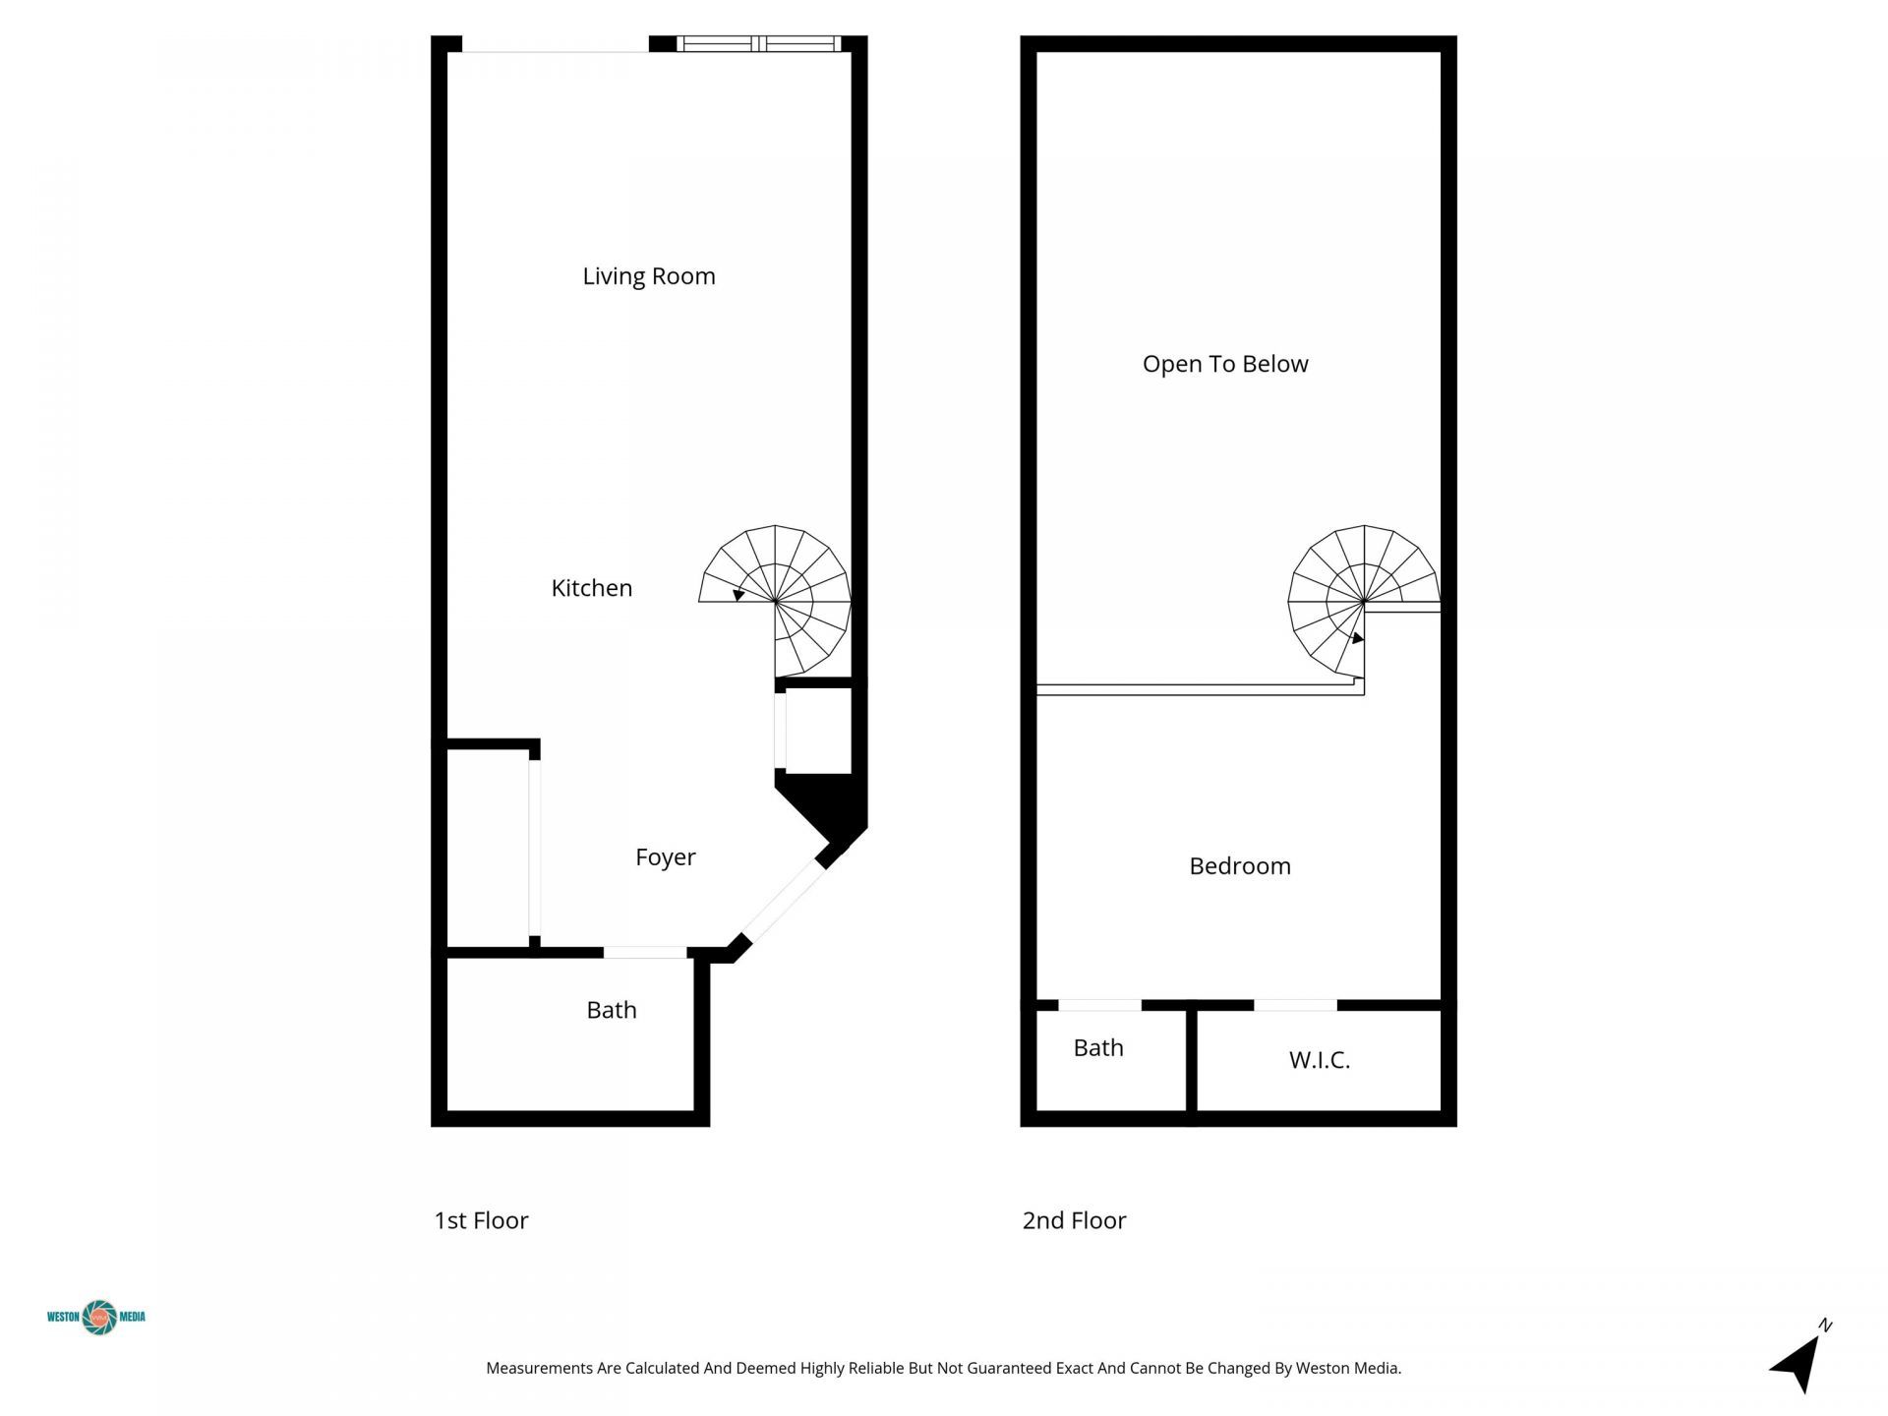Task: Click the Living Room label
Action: [x=649, y=276]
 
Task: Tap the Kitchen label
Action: [x=591, y=588]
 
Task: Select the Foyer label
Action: [x=665, y=857]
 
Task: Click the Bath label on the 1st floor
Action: [x=611, y=1010]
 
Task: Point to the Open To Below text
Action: [x=1225, y=364]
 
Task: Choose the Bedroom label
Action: [x=1239, y=866]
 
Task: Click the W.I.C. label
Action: [x=1319, y=1060]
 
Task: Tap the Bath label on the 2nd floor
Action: [x=1097, y=1048]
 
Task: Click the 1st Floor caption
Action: [x=481, y=1220]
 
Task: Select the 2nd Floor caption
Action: [x=1074, y=1220]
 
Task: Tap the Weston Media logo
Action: [x=97, y=1317]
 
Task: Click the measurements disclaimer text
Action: [x=943, y=1368]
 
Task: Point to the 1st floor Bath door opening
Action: [x=644, y=952]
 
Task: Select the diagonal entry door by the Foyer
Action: [x=782, y=902]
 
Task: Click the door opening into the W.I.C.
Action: [x=1295, y=1005]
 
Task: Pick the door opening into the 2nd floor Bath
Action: [x=1099, y=1005]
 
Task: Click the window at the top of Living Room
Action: [x=759, y=43]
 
